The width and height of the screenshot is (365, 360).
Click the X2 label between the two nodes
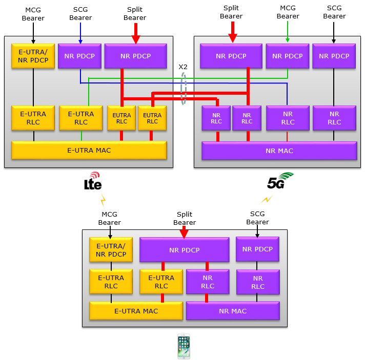pos(183,67)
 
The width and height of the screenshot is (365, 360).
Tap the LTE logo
pos(93,182)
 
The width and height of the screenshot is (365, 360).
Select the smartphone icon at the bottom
pos(183,347)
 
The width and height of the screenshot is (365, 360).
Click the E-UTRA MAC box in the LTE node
pos(89,150)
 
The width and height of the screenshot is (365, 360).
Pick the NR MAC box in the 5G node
pos(279,151)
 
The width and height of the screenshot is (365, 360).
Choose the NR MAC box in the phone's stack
pos(232,311)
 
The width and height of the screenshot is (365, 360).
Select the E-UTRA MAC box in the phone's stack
pos(136,311)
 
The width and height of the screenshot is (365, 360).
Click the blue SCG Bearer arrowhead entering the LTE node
pos(80,41)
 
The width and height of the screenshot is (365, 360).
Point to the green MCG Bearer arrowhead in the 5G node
pos(288,41)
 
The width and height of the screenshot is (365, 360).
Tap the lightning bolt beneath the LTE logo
pos(103,199)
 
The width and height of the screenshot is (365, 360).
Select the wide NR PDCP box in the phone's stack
pos(184,250)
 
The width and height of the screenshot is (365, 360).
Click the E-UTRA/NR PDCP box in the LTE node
pos(33,56)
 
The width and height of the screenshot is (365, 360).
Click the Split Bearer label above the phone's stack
pos(184,219)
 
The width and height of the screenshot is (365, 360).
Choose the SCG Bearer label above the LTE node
pos(80,14)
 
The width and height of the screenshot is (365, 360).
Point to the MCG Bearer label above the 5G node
pos(288,12)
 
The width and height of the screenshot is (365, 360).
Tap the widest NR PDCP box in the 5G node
pos(231,56)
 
